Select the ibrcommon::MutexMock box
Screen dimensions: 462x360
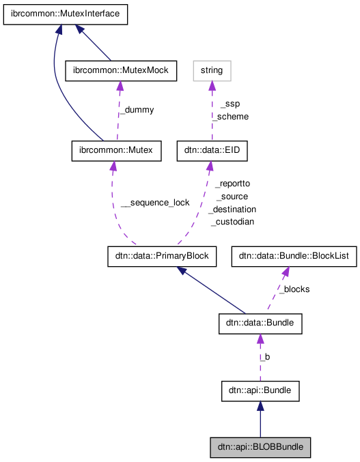point(120,70)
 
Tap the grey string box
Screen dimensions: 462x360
point(212,70)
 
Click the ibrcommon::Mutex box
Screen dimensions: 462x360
point(116,150)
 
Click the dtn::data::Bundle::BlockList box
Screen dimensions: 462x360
point(291,257)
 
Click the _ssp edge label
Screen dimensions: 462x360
point(230,104)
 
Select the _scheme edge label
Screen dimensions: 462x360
point(230,117)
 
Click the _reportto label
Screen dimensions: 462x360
point(232,184)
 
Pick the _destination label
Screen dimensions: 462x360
point(232,210)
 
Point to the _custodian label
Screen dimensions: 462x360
point(232,222)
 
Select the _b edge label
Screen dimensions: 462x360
point(264,357)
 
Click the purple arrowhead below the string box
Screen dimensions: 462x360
point(212,85)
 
